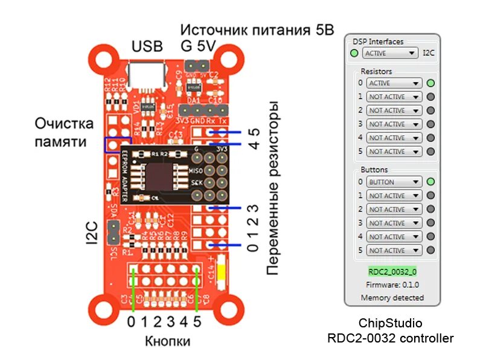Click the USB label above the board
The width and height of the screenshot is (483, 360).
(x=147, y=47)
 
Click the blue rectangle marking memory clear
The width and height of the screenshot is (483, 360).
(x=113, y=145)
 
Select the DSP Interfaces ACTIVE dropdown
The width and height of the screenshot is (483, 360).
(x=391, y=53)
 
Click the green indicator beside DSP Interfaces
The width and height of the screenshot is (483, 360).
(x=354, y=53)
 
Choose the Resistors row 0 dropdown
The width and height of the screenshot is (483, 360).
(x=394, y=83)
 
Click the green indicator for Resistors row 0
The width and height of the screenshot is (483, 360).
(x=430, y=83)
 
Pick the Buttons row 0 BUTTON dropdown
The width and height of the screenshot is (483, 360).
(x=394, y=182)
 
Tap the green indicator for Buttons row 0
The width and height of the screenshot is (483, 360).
(x=430, y=182)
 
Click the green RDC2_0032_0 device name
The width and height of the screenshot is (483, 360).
(x=392, y=271)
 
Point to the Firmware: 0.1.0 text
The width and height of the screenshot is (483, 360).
(x=392, y=284)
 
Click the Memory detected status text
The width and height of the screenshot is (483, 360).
(x=392, y=298)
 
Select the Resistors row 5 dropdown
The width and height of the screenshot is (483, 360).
(x=394, y=152)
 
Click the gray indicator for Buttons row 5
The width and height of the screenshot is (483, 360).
(x=430, y=250)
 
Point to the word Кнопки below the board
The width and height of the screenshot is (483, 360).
(x=167, y=341)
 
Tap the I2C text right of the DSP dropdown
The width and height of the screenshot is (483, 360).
(x=428, y=53)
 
